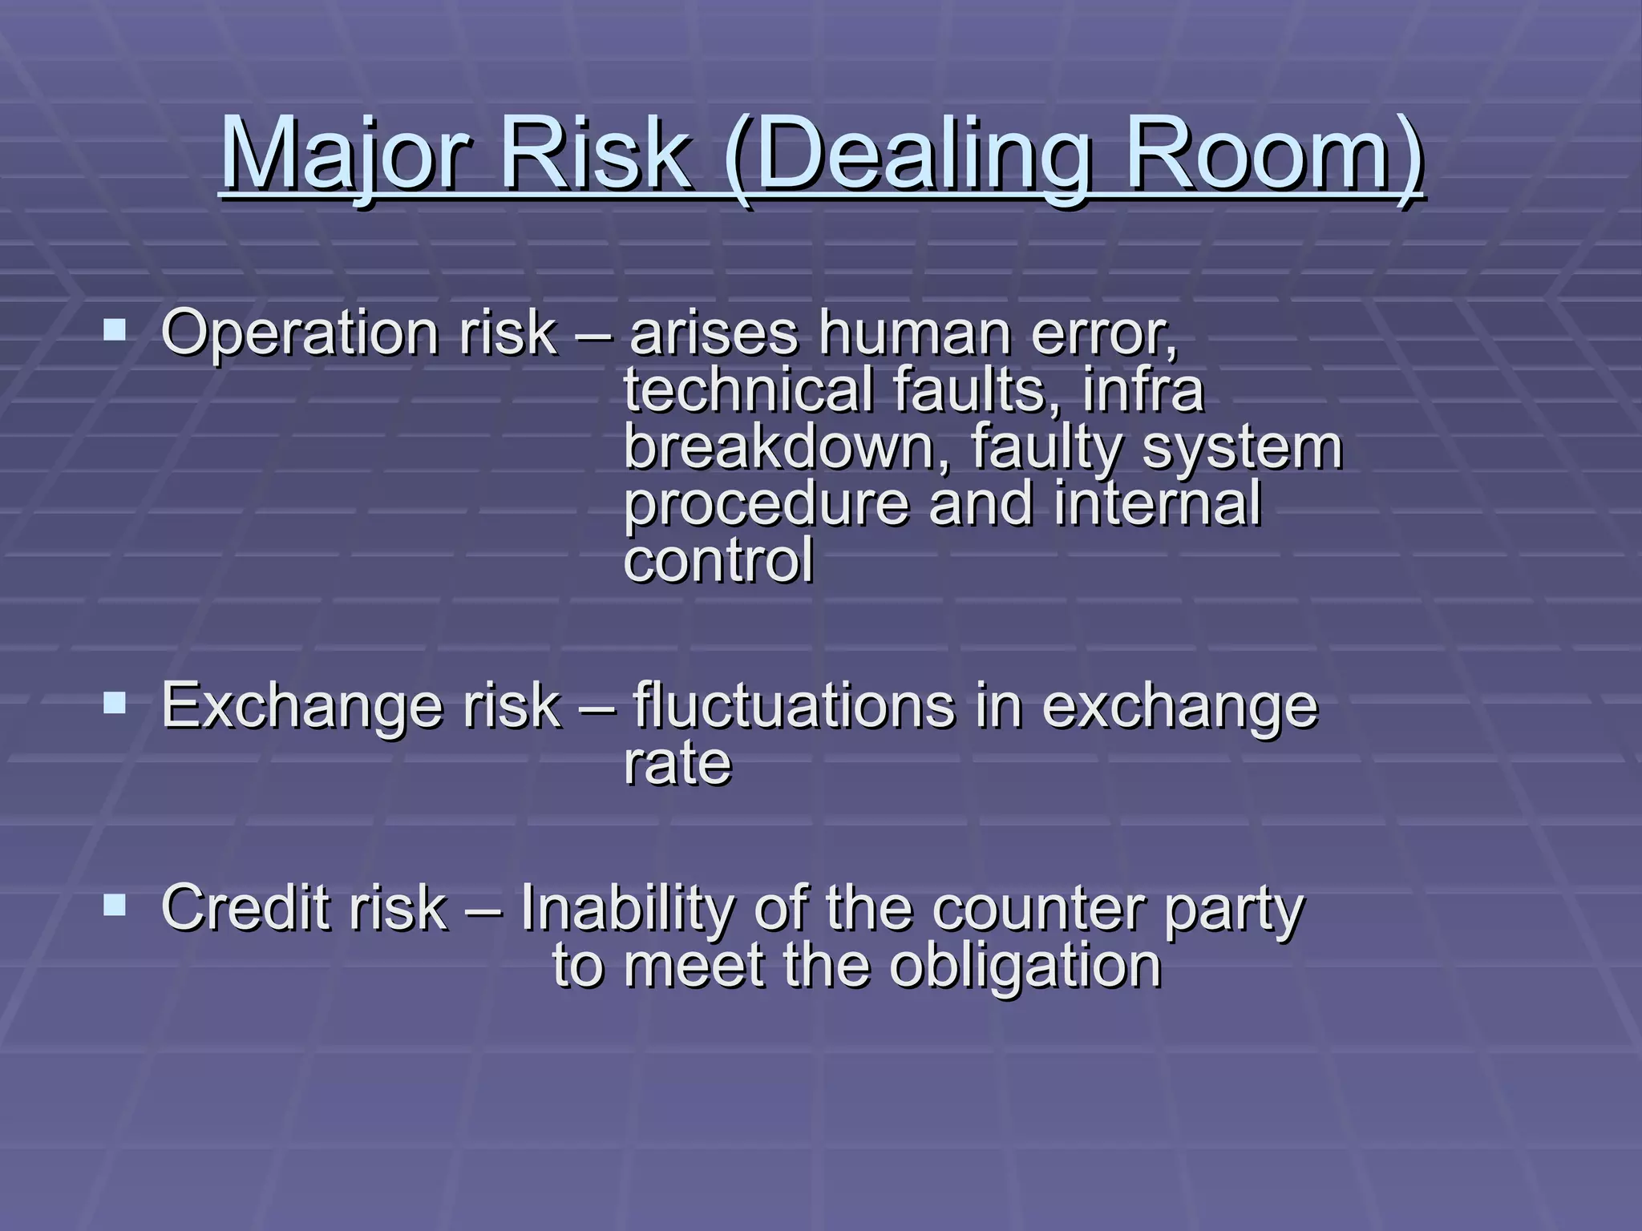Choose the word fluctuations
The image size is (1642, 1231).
[x=794, y=705]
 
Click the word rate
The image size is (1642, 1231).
[x=677, y=763]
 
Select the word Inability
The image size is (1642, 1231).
[x=626, y=909]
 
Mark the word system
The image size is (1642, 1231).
[x=1242, y=447]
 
